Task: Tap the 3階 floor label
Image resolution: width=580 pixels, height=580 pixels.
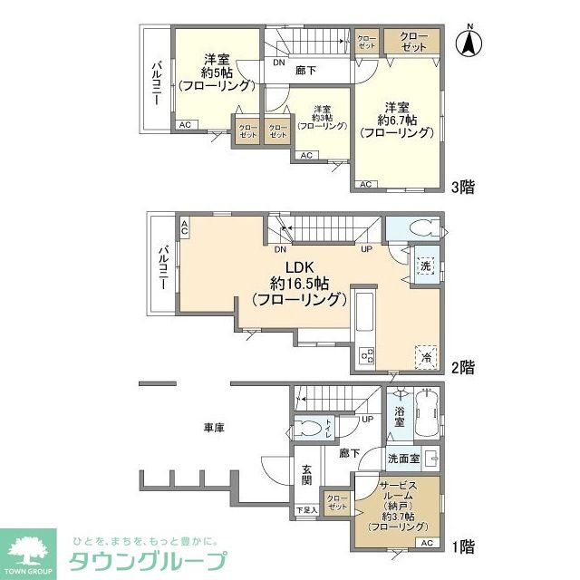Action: [x=463, y=188]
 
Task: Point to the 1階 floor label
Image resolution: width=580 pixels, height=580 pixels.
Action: [x=463, y=547]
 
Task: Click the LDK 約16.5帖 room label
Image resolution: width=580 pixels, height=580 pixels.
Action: [x=299, y=283]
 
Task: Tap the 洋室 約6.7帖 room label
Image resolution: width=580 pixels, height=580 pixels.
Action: [x=396, y=119]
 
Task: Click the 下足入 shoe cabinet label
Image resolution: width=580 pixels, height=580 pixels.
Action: [x=306, y=511]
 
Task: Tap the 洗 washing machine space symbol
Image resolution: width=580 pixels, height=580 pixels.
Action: [x=426, y=266]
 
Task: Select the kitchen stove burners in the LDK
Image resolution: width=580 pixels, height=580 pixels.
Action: [x=368, y=356]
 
